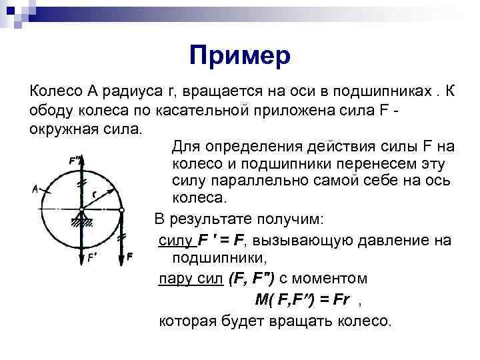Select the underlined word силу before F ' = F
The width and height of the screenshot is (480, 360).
176,238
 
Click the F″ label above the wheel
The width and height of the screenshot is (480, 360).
74,161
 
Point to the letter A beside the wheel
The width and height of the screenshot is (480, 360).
35,189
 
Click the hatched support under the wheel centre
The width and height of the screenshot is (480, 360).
81,219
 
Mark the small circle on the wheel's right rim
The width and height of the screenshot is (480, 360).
121,209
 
